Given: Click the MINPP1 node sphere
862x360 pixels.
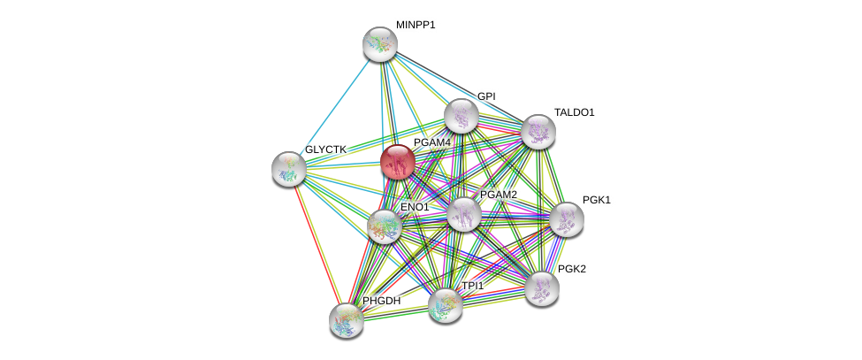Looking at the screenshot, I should click(x=380, y=44).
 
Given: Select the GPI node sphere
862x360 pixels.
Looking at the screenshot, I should click(x=461, y=116).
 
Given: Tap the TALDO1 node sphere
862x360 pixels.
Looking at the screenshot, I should click(x=538, y=132).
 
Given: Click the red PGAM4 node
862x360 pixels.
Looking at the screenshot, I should click(x=397, y=162).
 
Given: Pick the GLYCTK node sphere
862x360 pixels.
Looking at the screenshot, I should click(x=288, y=169).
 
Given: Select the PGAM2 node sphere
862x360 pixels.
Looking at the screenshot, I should click(x=463, y=213).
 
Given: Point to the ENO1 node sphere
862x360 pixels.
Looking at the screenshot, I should click(x=385, y=226).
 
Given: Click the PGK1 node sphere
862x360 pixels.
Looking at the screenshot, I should click(x=566, y=219).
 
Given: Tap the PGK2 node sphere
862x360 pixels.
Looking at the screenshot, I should click(x=541, y=287).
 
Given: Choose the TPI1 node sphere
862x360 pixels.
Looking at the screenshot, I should click(x=445, y=305).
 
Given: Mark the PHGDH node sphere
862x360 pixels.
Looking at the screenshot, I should click(x=346, y=320).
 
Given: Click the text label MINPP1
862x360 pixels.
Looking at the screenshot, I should click(x=416, y=25).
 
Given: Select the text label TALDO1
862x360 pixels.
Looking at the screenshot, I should click(x=574, y=112).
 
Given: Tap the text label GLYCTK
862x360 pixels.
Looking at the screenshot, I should click(x=325, y=149).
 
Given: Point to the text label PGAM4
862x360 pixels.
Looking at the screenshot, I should click(x=432, y=142).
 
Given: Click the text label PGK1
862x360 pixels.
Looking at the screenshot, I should click(x=596, y=200).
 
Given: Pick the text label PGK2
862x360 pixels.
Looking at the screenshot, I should click(x=571, y=269).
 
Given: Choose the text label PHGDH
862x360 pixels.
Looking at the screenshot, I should click(x=381, y=301).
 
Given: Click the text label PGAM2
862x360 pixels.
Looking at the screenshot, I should click(x=498, y=195).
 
